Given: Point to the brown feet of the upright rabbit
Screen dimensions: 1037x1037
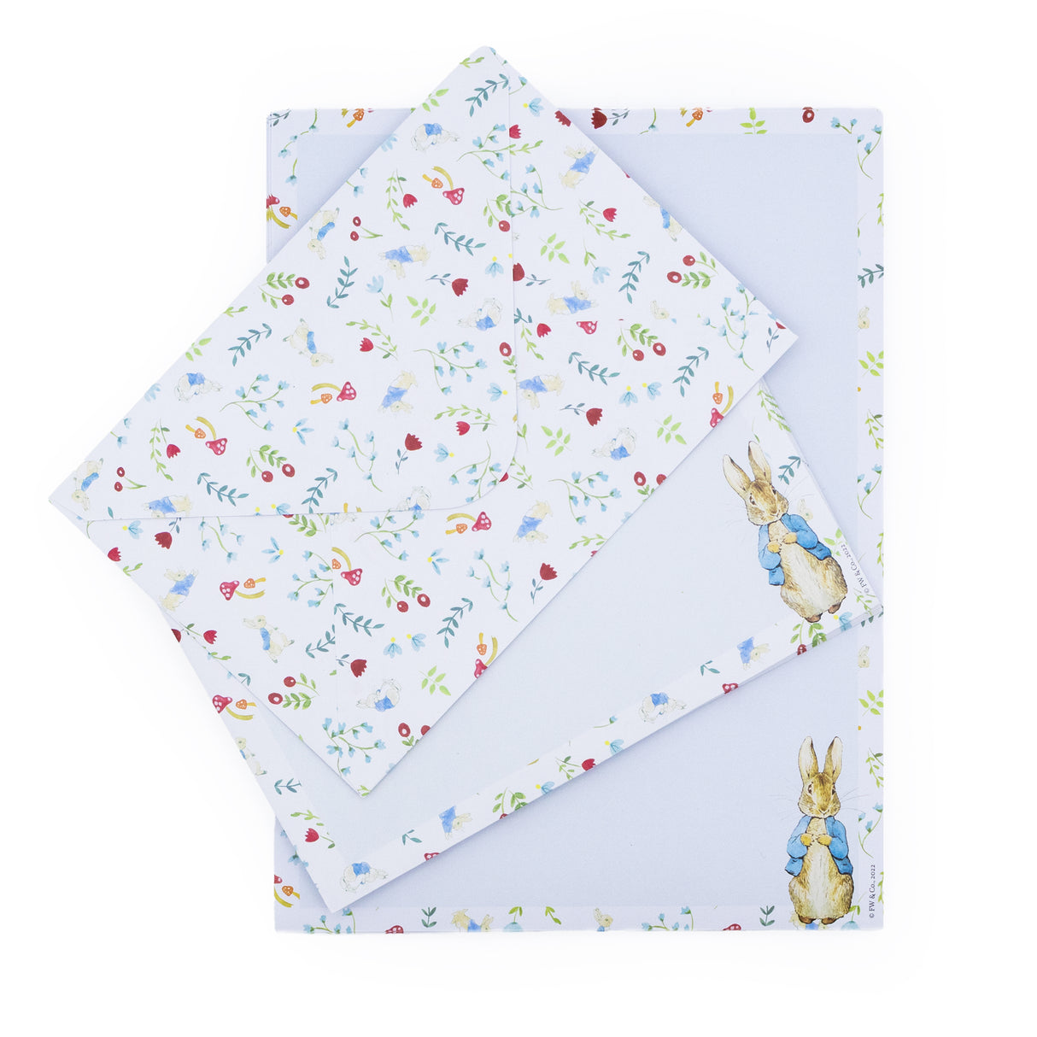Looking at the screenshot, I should pos(822,918).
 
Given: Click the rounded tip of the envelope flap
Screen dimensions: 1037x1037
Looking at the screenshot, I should pos(504,483).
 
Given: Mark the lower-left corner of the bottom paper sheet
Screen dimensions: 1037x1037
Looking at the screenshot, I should pos(276,929).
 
